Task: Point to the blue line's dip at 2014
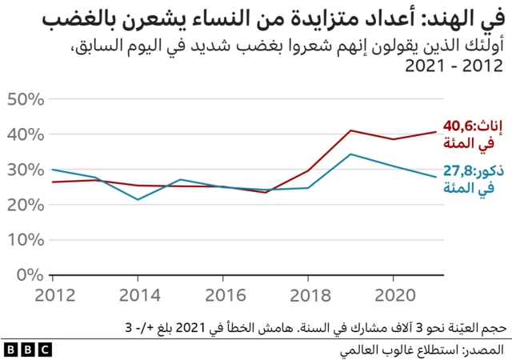(x=138, y=199)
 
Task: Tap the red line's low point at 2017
(x=266, y=192)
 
